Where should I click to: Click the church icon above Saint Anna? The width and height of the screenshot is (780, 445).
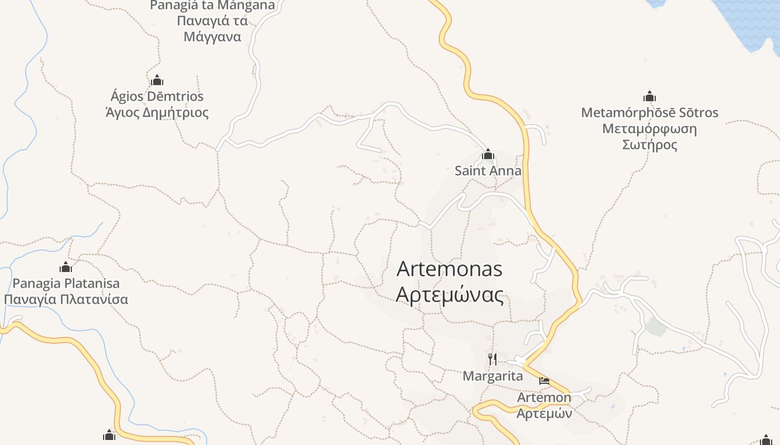coord(488,154)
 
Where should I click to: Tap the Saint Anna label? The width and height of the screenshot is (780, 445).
coord(488,171)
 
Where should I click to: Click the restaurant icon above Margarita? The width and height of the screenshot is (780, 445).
coord(492,359)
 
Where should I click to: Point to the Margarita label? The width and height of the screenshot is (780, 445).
coord(493,376)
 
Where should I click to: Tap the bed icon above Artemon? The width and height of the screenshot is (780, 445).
coord(544,382)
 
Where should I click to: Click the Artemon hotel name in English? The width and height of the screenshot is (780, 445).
coord(544,398)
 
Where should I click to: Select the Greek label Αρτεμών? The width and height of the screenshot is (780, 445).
coord(544,414)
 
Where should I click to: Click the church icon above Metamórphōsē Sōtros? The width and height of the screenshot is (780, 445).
coord(649,96)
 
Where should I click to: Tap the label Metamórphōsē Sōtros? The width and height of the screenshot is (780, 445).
coord(649,113)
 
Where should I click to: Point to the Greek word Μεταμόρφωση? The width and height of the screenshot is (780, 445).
coord(649,129)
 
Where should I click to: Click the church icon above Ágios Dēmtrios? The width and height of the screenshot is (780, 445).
coord(157,80)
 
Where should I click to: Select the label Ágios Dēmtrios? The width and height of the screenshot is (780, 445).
coord(157,96)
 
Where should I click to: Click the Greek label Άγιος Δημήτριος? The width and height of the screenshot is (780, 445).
coord(157,113)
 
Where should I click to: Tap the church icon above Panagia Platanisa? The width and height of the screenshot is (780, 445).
coord(66,267)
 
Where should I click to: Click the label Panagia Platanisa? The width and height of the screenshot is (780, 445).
coord(66,283)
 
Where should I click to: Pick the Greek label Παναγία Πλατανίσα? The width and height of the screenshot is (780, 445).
coord(66,299)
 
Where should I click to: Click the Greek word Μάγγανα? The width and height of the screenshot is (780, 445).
coord(212,37)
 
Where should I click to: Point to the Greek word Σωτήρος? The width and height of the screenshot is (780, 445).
coord(649,145)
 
